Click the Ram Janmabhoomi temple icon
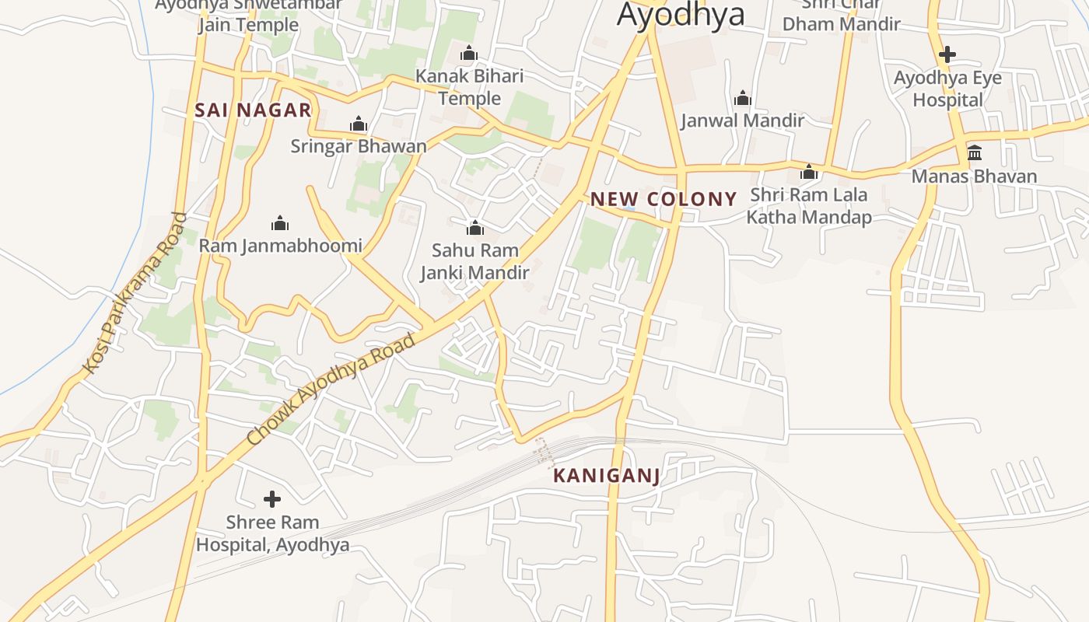tap(280, 224)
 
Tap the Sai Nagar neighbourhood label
tap(254, 110)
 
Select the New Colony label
tap(663, 199)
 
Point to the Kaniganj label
tap(607, 476)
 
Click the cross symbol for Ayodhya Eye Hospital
tap(947, 54)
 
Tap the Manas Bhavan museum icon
tap(975, 152)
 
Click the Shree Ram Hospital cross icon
tap(271, 498)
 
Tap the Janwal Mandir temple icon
tap(743, 98)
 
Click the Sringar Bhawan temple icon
tap(359, 124)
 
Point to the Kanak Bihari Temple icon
tap(469, 54)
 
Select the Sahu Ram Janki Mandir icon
tap(474, 228)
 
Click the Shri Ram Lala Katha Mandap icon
tap(809, 172)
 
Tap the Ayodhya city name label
tap(681, 14)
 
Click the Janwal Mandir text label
tap(743, 121)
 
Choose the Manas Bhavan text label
tap(974, 176)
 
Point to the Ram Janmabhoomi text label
tap(280, 246)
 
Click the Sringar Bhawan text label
tap(359, 146)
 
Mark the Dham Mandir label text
tap(841, 24)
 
